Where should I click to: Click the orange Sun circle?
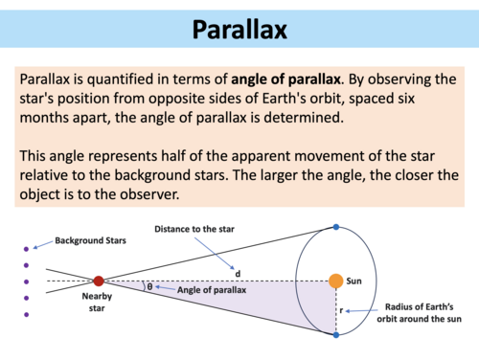click(x=335, y=281)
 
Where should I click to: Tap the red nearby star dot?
click(x=98, y=281)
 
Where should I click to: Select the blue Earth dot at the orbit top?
click(x=335, y=227)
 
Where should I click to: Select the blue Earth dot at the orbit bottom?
click(x=335, y=335)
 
